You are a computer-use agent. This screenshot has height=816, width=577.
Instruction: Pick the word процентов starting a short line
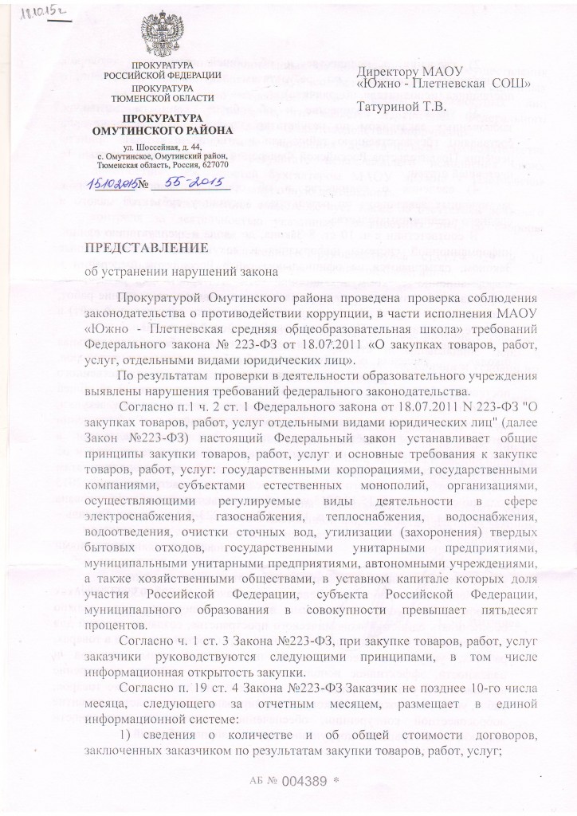(116, 626)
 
